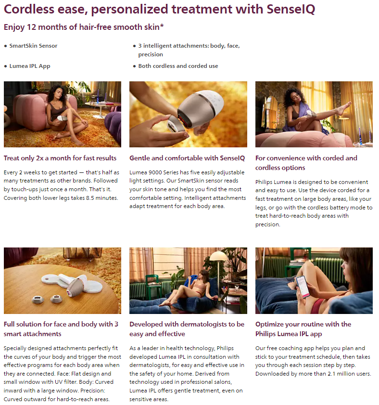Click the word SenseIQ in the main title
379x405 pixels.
[291, 9]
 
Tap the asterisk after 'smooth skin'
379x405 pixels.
[162, 26]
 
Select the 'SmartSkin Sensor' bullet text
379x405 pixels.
[33, 46]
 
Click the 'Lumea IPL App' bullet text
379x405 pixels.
[30, 66]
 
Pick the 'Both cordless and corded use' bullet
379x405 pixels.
[178, 66]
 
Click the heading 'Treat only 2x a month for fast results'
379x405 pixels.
[60, 158]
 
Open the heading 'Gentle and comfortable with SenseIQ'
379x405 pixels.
[187, 158]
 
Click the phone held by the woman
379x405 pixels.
[303, 287]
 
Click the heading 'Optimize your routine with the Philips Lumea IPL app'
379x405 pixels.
[303, 329]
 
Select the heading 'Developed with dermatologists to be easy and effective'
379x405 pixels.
[187, 329]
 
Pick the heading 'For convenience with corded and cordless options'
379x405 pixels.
[306, 163]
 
